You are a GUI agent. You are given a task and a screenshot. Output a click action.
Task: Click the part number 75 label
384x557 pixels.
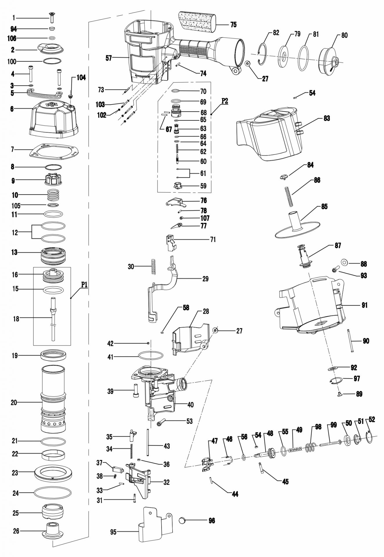click(233, 25)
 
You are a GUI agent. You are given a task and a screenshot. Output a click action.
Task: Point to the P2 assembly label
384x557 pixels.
click(224, 101)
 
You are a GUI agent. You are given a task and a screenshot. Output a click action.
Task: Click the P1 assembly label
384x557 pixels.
click(84, 285)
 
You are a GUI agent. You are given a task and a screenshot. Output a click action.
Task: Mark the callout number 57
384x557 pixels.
click(108, 58)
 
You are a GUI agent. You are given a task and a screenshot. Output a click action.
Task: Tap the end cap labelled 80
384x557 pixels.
click(329, 60)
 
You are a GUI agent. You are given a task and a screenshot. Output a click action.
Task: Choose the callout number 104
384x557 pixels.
click(81, 78)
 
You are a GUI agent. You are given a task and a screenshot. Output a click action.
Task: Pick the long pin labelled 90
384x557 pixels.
click(350, 341)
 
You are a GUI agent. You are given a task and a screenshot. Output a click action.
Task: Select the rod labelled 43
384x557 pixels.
click(148, 445)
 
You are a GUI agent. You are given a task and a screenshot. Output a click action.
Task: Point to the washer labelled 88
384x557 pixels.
click(345, 262)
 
